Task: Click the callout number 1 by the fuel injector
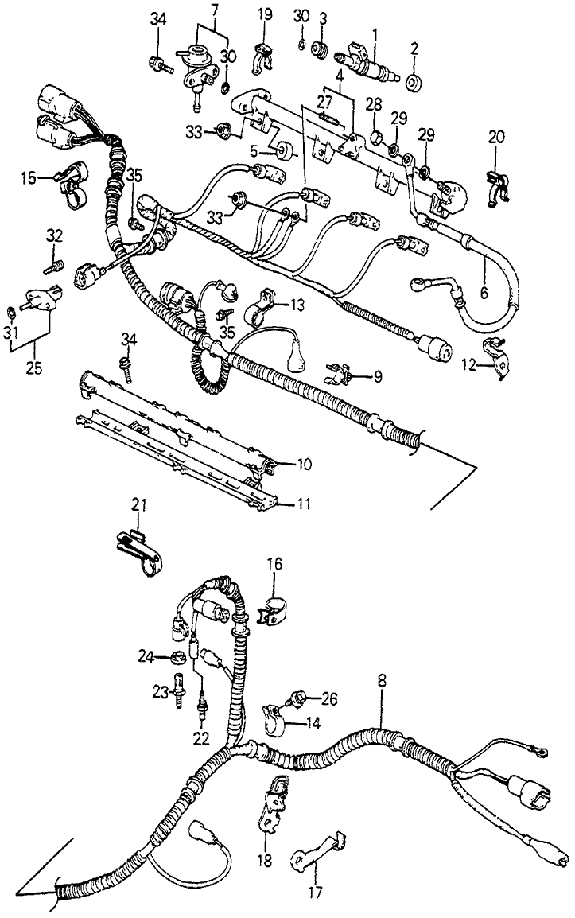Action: [375, 34]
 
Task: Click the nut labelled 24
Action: [177, 657]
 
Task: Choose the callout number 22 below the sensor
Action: [200, 738]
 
